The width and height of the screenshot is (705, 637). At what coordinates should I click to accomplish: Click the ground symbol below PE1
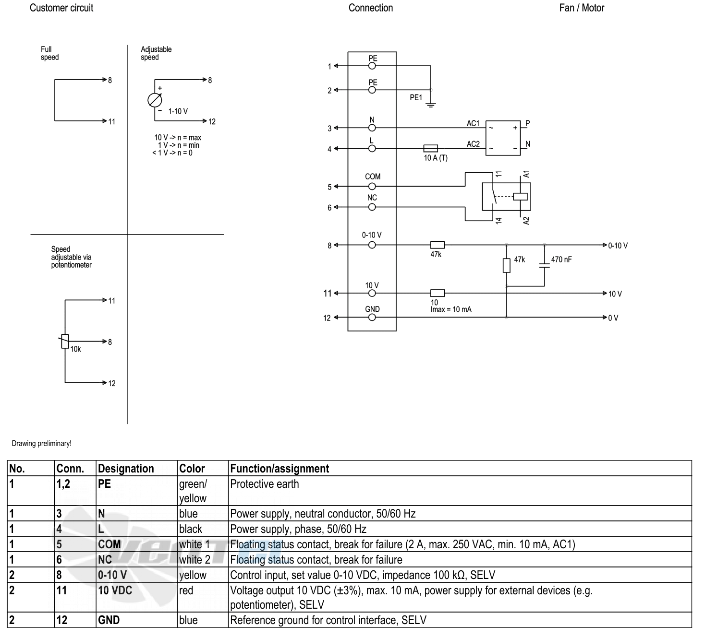[431, 105]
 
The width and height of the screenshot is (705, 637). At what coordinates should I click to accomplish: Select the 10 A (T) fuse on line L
[431, 148]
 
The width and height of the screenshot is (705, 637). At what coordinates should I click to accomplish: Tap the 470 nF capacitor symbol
[545, 265]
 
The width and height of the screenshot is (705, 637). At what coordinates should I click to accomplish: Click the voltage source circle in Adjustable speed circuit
[155, 100]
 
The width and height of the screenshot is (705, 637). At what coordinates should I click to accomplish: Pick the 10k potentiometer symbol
[65, 341]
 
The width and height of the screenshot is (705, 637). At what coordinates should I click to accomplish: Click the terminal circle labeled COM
[372, 186]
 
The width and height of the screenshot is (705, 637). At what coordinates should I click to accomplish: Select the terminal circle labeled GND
[372, 318]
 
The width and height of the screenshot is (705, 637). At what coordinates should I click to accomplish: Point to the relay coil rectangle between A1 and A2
[520, 197]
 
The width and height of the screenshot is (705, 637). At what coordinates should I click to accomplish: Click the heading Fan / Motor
[582, 8]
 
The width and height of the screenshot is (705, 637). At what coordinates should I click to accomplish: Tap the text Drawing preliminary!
[41, 444]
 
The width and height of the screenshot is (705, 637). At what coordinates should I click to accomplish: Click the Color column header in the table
[192, 469]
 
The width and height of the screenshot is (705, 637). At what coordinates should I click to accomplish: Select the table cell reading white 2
[194, 560]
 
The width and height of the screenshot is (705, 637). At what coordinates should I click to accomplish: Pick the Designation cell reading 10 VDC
[115, 590]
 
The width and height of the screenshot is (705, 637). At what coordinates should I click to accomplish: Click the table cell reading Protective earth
[264, 484]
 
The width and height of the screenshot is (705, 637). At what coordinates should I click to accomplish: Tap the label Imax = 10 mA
[451, 309]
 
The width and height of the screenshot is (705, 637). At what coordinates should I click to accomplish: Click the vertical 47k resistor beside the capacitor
[507, 265]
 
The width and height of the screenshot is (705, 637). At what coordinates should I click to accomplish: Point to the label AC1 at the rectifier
[473, 123]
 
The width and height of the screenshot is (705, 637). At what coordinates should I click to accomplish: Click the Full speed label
[49, 53]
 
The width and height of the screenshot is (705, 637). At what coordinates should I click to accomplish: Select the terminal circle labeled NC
[372, 207]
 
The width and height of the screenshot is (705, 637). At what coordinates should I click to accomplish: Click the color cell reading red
[186, 590]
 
